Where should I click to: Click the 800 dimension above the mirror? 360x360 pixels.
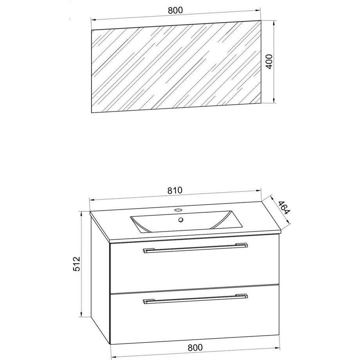point(175,10)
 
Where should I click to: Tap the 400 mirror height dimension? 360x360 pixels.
point(269,61)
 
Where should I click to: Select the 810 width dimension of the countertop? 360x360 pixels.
point(175,190)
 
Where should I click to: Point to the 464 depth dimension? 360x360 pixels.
point(284,207)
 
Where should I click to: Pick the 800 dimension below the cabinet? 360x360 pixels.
point(195,347)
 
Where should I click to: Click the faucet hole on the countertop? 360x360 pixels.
point(178,210)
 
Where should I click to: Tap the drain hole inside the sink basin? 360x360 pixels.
point(181,220)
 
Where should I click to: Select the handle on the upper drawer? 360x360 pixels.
point(195,248)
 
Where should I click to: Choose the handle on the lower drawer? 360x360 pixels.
point(195,299)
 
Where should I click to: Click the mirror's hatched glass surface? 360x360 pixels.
point(176,67)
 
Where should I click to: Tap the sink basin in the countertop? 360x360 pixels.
point(186,221)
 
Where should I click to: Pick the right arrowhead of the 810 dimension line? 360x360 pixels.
point(259,190)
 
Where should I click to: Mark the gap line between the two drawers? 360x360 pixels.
point(195,289)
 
